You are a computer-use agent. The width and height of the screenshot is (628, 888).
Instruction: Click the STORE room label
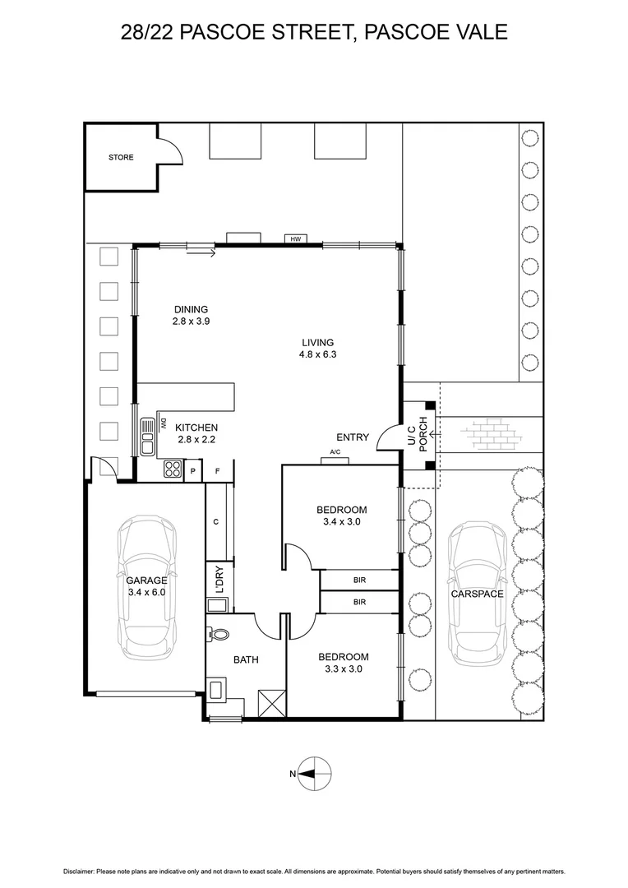pos(121,157)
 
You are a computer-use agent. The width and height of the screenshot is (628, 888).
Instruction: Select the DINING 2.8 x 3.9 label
pos(191,316)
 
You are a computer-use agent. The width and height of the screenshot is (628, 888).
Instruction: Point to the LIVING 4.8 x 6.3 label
pos(317,349)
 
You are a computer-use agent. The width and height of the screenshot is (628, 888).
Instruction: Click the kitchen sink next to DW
pos(148,437)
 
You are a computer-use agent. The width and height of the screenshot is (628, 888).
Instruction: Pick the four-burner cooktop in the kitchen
pos(173,469)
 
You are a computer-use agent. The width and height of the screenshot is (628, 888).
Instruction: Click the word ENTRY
pos(353,437)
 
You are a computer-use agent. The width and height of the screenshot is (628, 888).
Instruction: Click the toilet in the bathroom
pos(219,635)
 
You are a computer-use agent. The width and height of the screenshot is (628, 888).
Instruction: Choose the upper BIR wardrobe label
pos(359,580)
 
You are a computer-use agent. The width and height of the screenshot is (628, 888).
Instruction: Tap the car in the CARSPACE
pos(477,594)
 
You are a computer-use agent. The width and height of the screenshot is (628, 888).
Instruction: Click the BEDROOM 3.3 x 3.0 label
pos(343,663)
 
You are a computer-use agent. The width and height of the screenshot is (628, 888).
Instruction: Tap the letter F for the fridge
pos(218,471)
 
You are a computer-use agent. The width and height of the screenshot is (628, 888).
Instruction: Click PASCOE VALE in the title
pos(436,32)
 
